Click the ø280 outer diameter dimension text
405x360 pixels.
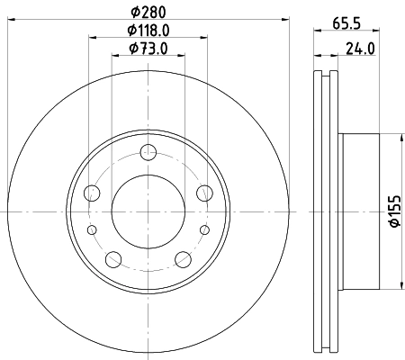click(x=148, y=11)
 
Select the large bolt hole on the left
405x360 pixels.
click(x=91, y=192)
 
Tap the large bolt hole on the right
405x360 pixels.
click(x=204, y=192)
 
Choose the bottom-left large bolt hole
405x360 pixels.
click(x=112, y=259)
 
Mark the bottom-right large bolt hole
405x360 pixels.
click(x=183, y=259)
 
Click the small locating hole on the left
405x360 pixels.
click(x=91, y=229)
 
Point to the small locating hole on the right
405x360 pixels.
click(x=204, y=229)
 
